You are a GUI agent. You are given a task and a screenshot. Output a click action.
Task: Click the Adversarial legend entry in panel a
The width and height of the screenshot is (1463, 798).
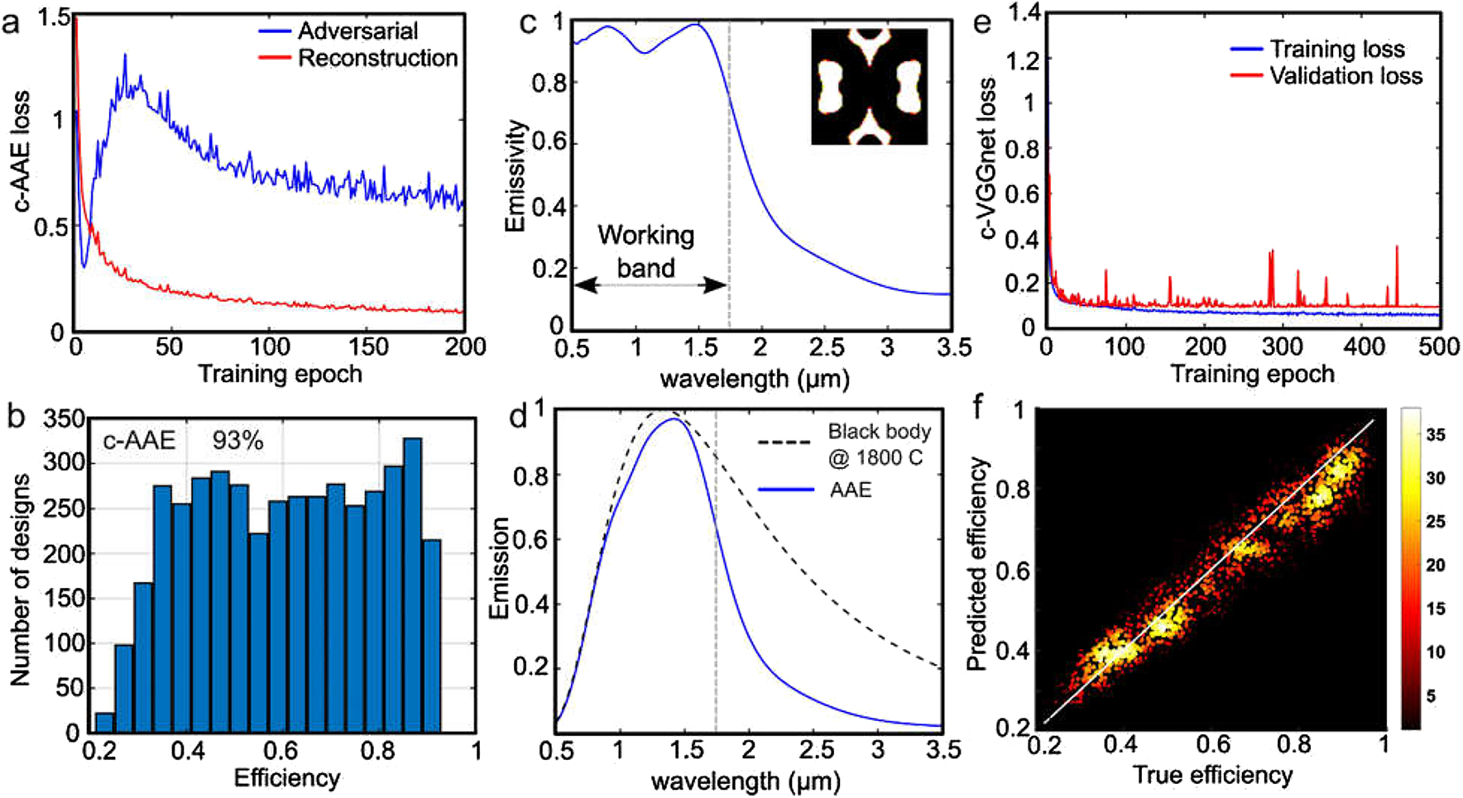(x=357, y=31)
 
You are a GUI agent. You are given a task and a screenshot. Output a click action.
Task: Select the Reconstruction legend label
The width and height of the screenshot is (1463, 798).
(x=377, y=59)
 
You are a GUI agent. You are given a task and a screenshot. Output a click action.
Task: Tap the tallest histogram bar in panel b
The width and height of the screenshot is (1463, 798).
(x=412, y=584)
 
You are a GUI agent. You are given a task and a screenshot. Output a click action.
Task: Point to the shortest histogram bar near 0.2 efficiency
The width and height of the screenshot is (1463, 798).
(x=104, y=722)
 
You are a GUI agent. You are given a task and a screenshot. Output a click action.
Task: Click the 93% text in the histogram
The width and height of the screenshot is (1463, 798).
(x=237, y=441)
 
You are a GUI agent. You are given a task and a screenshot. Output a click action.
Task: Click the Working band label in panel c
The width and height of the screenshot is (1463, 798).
(x=646, y=251)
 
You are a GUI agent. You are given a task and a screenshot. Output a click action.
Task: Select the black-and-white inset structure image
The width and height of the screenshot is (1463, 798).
(x=869, y=86)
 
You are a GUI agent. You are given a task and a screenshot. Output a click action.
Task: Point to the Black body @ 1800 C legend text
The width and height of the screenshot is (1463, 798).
(x=879, y=444)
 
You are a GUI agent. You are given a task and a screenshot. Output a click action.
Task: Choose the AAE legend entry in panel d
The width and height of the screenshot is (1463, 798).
(x=850, y=490)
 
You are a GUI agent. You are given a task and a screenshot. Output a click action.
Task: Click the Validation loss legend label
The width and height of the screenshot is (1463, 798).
(x=1345, y=77)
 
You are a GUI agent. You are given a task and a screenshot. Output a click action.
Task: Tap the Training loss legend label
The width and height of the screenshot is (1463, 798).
(x=1337, y=50)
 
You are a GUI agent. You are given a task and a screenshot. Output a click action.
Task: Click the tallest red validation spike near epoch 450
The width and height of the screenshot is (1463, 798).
(x=1397, y=248)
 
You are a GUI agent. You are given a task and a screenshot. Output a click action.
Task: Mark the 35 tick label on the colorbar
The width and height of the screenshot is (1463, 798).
(x=1436, y=435)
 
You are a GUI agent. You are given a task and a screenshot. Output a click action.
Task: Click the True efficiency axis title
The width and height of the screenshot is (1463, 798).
(x=1212, y=776)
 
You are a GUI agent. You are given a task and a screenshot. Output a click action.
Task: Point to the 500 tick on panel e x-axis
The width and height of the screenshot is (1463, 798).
(x=1438, y=347)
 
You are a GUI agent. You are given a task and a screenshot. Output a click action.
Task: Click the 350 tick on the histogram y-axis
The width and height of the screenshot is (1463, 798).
(x=65, y=419)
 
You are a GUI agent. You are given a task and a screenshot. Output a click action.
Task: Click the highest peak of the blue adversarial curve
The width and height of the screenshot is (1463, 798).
(x=125, y=56)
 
